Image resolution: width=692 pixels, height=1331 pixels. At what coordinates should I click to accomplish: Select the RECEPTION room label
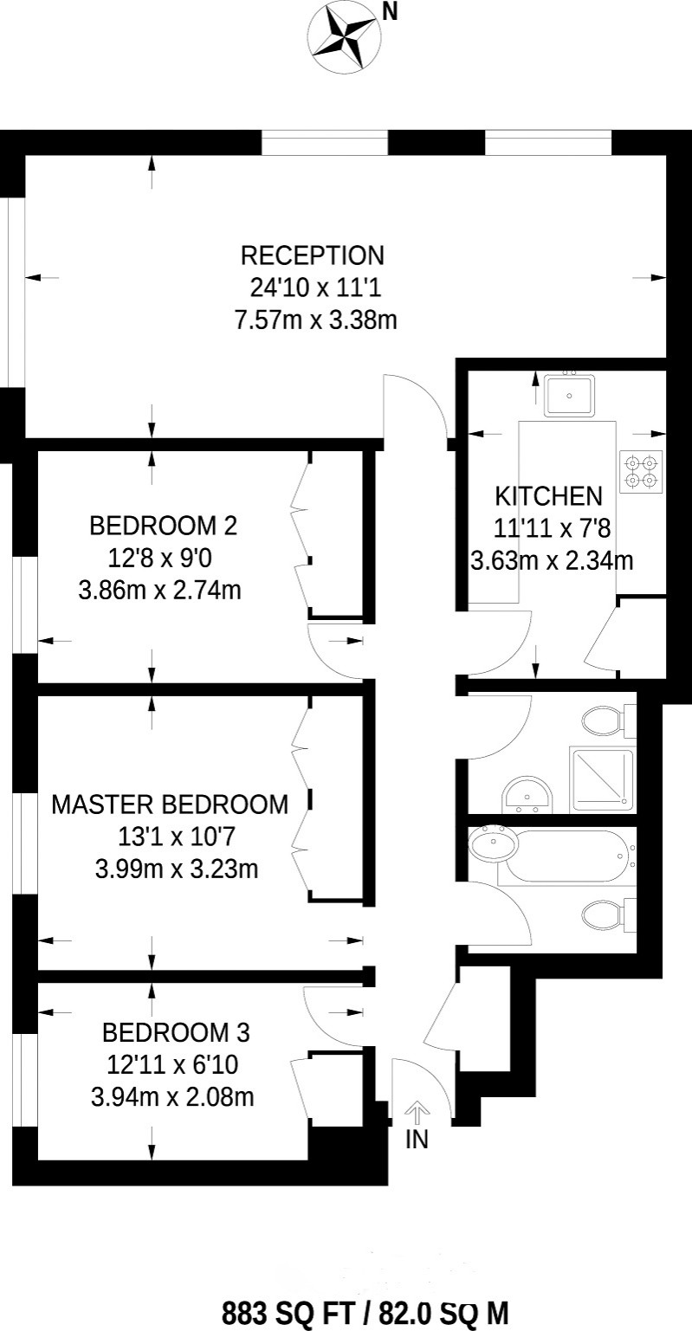pos(312,256)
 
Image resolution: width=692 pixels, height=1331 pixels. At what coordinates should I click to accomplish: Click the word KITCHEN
pos(548,496)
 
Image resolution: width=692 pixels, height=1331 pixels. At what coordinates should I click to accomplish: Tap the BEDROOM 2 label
pos(163,526)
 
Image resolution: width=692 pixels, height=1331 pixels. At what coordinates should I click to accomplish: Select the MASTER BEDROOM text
pos(170,804)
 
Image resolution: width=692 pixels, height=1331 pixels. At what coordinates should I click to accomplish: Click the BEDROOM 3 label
pos(176,1033)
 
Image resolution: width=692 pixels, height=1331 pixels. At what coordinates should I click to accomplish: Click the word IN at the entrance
pos(417,1140)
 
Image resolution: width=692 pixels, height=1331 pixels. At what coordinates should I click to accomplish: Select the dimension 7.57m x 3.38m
pos(315,320)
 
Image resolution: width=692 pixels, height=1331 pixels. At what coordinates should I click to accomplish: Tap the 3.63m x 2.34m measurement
pos(551,560)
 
